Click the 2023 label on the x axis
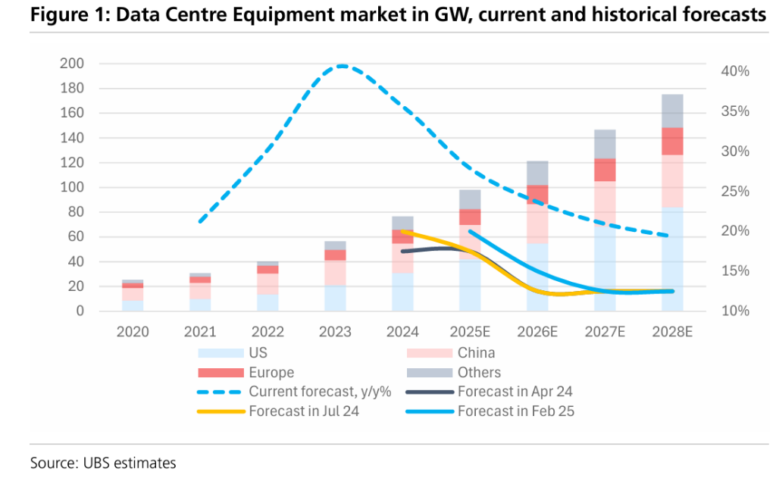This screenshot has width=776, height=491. [335, 331]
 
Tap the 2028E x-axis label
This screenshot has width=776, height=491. [671, 331]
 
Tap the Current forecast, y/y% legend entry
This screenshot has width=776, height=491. [318, 392]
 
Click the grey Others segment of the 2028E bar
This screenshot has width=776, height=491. [672, 111]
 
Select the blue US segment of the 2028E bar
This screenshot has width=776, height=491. [672, 258]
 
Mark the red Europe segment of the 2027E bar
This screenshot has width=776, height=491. [605, 170]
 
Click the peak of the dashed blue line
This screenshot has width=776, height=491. [343, 66]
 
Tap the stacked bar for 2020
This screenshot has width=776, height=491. [133, 295]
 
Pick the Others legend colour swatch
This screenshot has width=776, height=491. [430, 372]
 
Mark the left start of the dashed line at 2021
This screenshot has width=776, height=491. [199, 222]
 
